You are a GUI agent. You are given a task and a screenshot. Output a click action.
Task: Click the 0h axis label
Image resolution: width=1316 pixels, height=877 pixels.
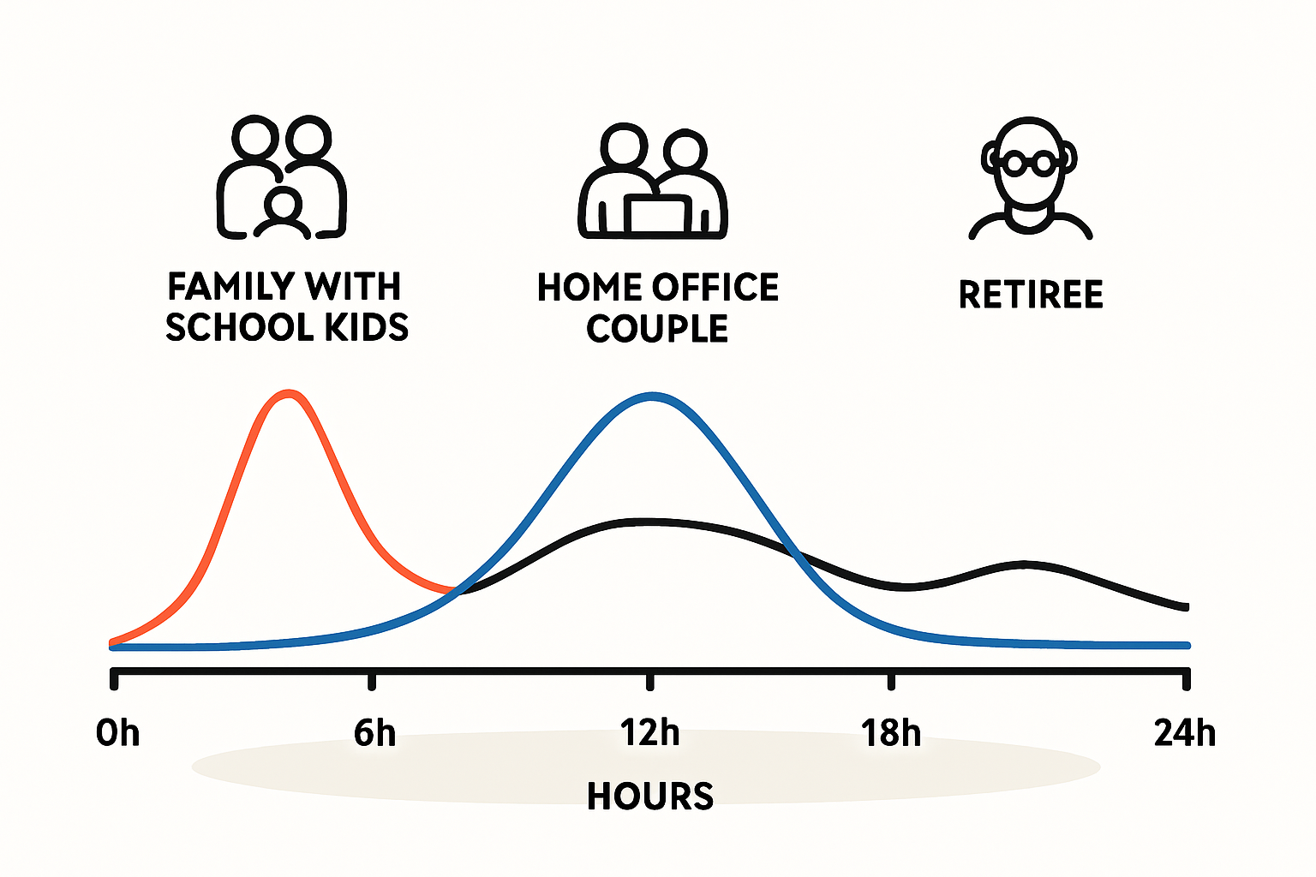117,733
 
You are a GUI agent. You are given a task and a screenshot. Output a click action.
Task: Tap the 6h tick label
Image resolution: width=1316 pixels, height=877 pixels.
374,733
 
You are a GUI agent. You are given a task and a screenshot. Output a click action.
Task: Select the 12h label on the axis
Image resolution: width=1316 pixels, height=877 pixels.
649,733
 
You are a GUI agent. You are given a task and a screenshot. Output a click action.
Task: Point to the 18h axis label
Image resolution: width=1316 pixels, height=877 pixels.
891,733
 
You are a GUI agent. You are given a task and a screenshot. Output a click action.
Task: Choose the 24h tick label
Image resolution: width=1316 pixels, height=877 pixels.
1184,733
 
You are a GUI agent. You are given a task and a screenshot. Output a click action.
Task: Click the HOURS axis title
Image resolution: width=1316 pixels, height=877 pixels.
649,796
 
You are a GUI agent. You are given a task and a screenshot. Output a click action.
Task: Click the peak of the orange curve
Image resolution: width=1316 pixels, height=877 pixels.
288,394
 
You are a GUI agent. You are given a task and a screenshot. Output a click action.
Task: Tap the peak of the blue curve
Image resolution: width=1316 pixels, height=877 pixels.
652,397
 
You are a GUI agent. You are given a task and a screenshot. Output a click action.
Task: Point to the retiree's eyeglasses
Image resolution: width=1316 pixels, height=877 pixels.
1029,163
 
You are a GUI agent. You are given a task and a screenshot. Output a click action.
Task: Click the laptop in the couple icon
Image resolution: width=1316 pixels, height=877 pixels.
657,215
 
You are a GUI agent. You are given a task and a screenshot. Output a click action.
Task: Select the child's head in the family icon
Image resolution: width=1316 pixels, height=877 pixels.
284,206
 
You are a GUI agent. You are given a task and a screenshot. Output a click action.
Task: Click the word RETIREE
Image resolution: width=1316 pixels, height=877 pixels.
1031,295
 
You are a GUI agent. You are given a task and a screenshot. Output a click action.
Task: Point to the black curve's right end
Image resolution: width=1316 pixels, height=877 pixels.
1187,607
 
